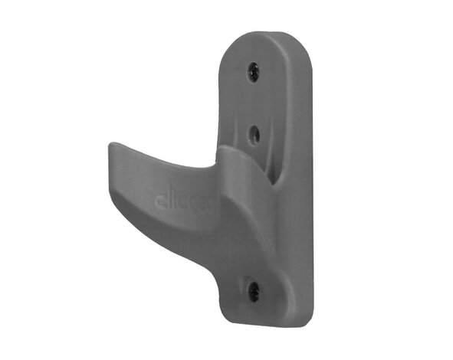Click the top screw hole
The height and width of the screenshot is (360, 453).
pos(253,72)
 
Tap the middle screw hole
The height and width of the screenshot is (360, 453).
pos(254,135)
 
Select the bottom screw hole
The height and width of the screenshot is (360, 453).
pos(254,290)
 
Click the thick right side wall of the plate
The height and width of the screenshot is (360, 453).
pos(304,191)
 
